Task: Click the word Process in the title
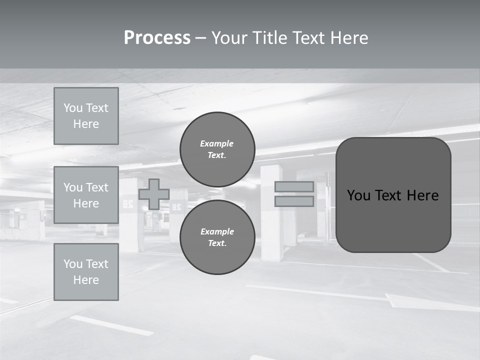(x=157, y=38)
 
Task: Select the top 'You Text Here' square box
(x=86, y=116)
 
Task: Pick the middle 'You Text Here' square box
(x=86, y=195)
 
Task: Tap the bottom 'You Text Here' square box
(x=86, y=272)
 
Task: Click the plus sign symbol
(x=154, y=194)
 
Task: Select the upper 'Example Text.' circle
(x=217, y=149)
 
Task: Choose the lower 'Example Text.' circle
(x=217, y=237)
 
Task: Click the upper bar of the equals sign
(x=294, y=186)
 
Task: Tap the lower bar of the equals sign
(x=294, y=201)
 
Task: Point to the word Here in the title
(x=346, y=38)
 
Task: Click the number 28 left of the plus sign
(x=127, y=204)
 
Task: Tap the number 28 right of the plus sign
(x=176, y=206)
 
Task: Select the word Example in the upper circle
(x=217, y=143)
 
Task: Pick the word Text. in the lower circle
(x=217, y=243)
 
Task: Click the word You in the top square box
(x=73, y=108)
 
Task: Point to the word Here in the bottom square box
(x=86, y=280)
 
